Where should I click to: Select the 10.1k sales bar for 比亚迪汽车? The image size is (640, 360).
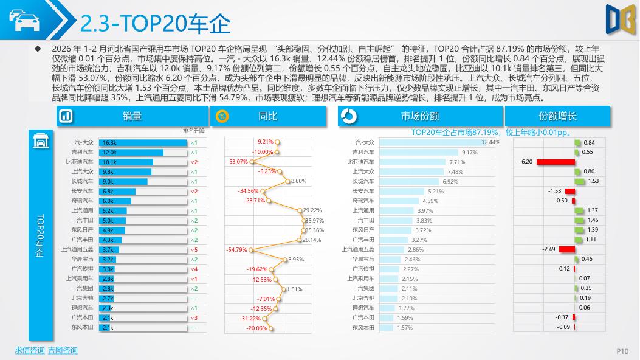point(127,162)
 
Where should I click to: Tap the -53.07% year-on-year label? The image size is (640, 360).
point(237,162)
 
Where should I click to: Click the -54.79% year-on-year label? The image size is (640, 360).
point(237,249)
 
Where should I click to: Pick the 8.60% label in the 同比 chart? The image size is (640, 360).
point(298,181)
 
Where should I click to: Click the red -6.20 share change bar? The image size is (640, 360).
point(554,162)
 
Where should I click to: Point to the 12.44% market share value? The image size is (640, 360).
point(490,142)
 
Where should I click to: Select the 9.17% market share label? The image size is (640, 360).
point(469,152)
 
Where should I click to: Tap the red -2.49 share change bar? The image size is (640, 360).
point(566,249)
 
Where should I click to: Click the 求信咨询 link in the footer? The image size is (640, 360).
point(29,350)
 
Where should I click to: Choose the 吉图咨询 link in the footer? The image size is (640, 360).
point(63,350)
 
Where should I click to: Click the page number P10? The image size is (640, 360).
point(622,351)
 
